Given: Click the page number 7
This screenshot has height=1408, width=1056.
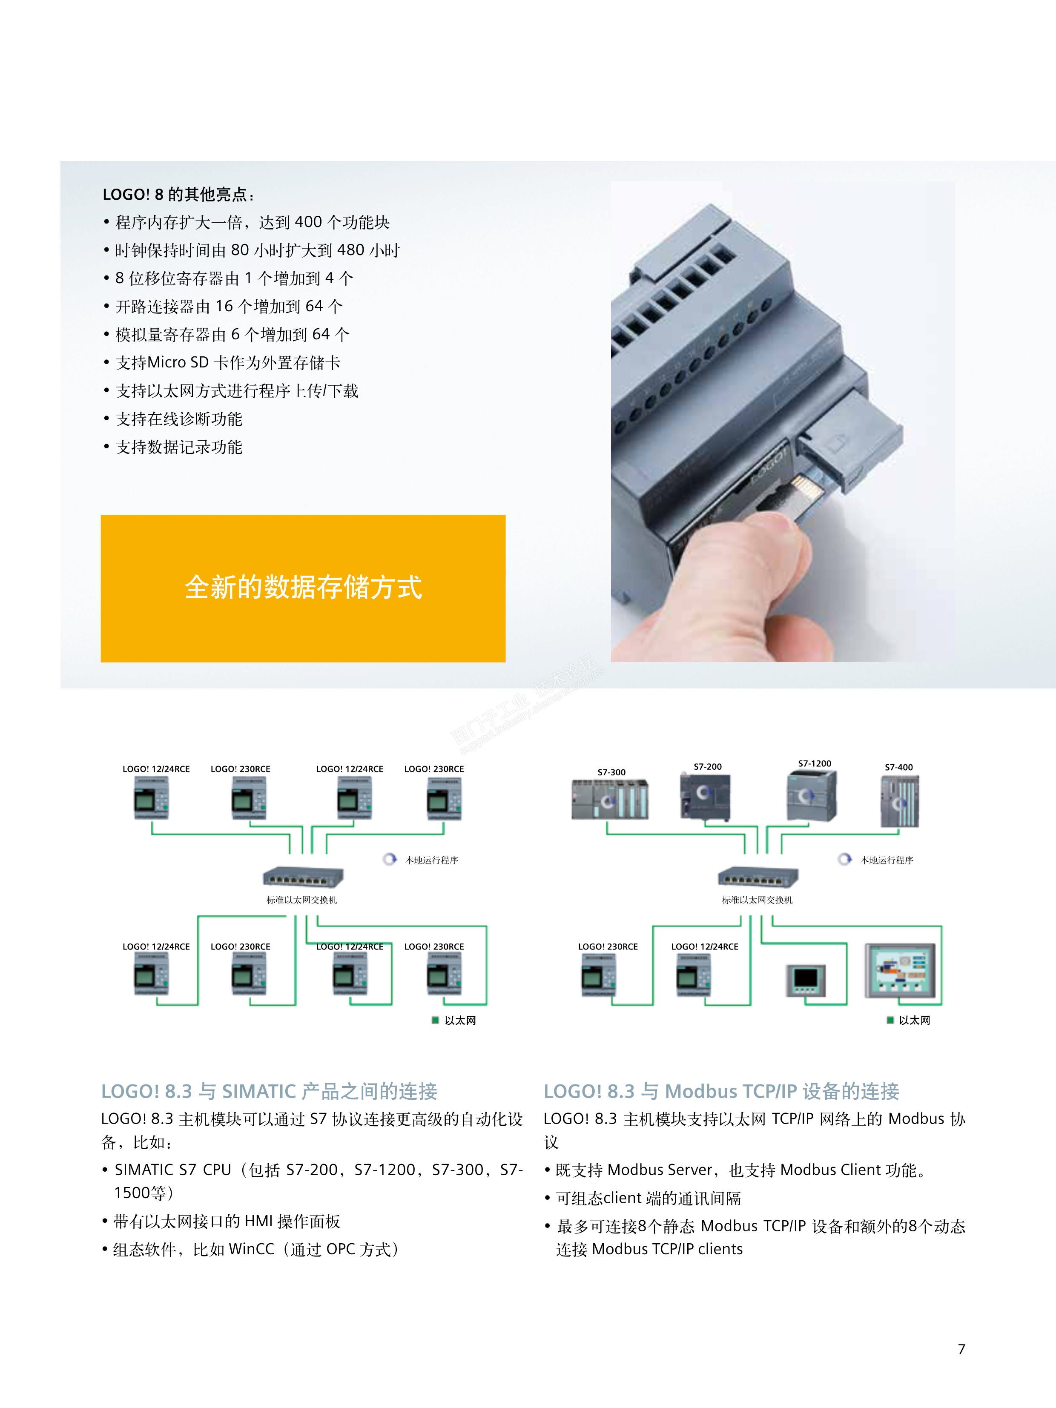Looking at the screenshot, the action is tap(961, 1349).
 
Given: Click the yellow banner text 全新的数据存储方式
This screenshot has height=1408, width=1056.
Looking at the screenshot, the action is tap(303, 587).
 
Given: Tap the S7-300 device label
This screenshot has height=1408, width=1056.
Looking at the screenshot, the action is tap(611, 772).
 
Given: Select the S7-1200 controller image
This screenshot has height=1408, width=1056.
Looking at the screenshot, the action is tap(812, 796).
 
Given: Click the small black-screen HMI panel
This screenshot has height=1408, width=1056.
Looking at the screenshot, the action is tap(806, 980).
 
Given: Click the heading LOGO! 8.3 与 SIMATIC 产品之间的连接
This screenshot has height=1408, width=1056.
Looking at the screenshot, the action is tap(269, 1091).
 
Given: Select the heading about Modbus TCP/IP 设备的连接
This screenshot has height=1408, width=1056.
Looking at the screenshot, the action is tap(721, 1091).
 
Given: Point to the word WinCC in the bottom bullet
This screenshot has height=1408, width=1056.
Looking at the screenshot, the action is tap(251, 1250).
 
